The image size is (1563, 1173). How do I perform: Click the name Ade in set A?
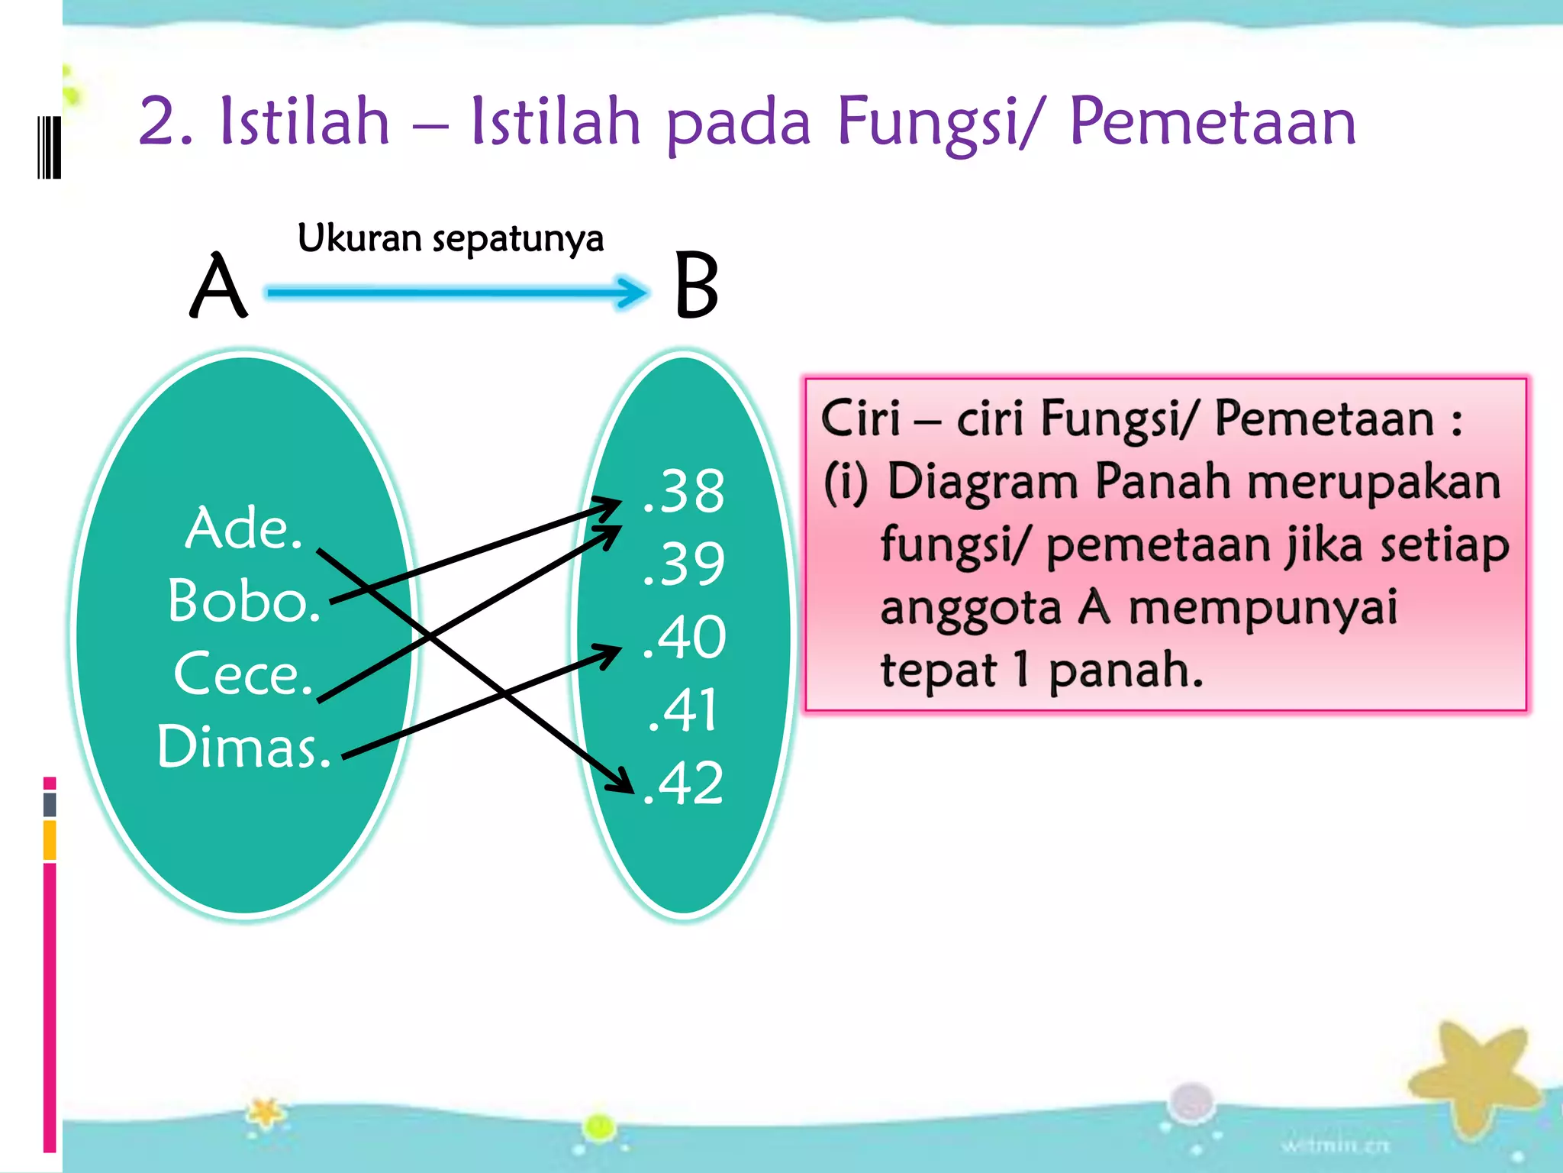coord(243,528)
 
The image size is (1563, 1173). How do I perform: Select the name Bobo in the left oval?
coord(243,601)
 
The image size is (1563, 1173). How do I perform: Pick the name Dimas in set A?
coord(243,747)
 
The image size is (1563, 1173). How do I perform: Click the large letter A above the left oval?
coord(218,286)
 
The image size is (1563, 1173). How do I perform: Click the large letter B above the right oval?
coord(696,286)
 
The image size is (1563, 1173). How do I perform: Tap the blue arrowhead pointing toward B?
coord(633,292)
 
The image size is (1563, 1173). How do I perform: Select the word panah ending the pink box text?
coord(1125,671)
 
